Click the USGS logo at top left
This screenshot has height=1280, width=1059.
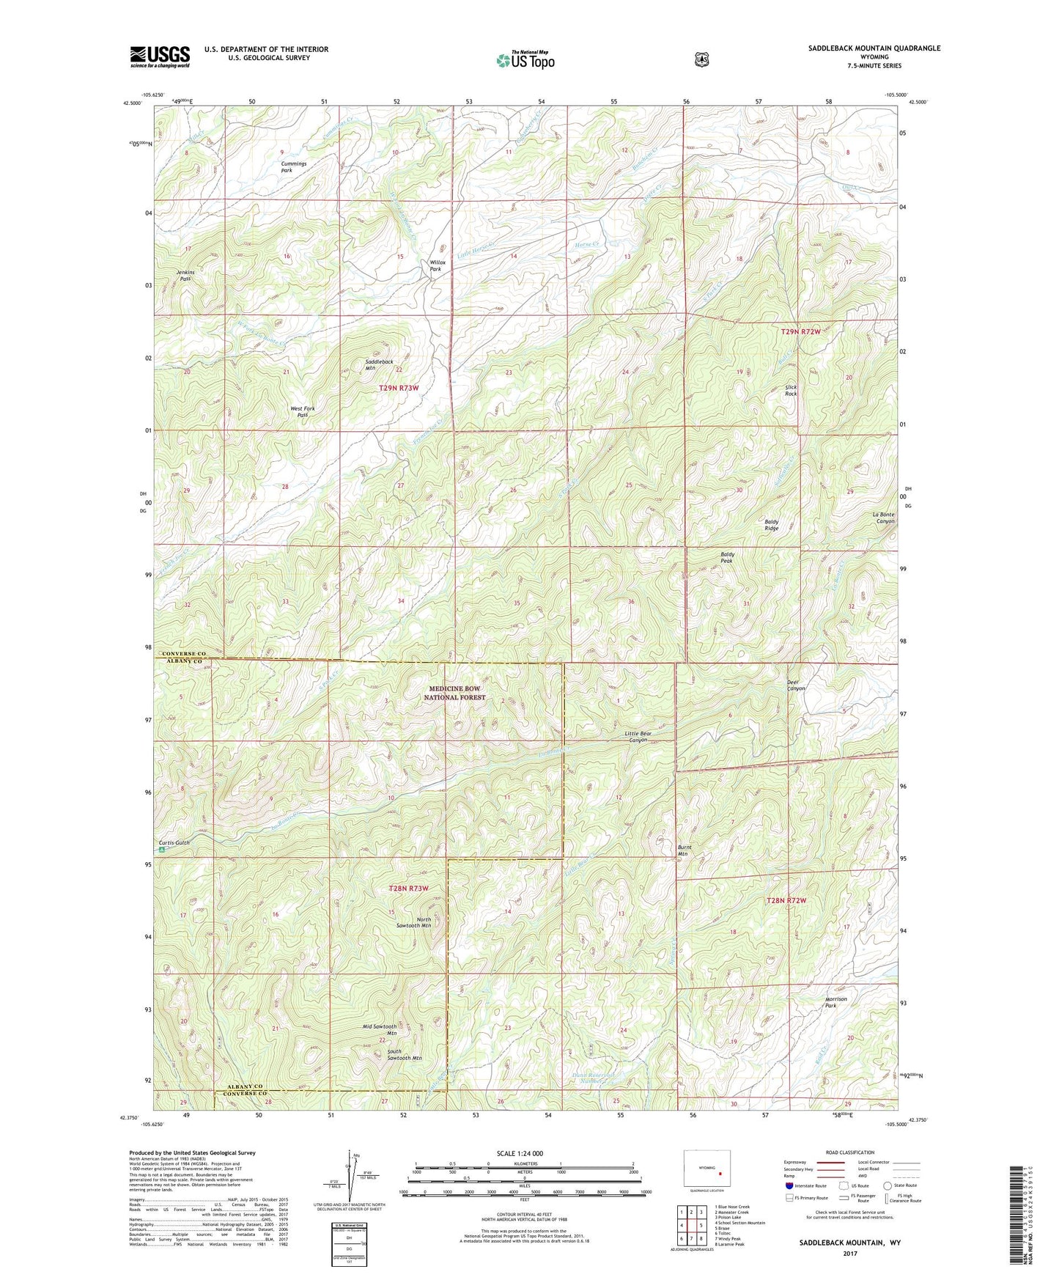tap(160, 56)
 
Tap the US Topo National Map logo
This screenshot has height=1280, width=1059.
tap(525, 59)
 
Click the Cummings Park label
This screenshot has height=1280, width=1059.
tap(293, 167)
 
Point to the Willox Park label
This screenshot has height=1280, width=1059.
tap(437, 265)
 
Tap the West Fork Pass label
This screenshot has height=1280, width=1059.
tap(303, 411)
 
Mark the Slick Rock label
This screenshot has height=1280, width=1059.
tap(791, 390)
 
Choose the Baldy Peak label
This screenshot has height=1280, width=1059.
tap(727, 557)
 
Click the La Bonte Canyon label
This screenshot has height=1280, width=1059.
tap(883, 518)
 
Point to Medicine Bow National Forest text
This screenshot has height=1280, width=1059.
tap(454, 693)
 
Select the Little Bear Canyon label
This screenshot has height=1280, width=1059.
tap(638, 737)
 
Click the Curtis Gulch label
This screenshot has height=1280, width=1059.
tap(174, 843)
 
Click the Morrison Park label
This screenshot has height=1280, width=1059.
tap(836, 1002)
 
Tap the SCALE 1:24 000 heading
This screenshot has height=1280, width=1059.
tap(520, 1153)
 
